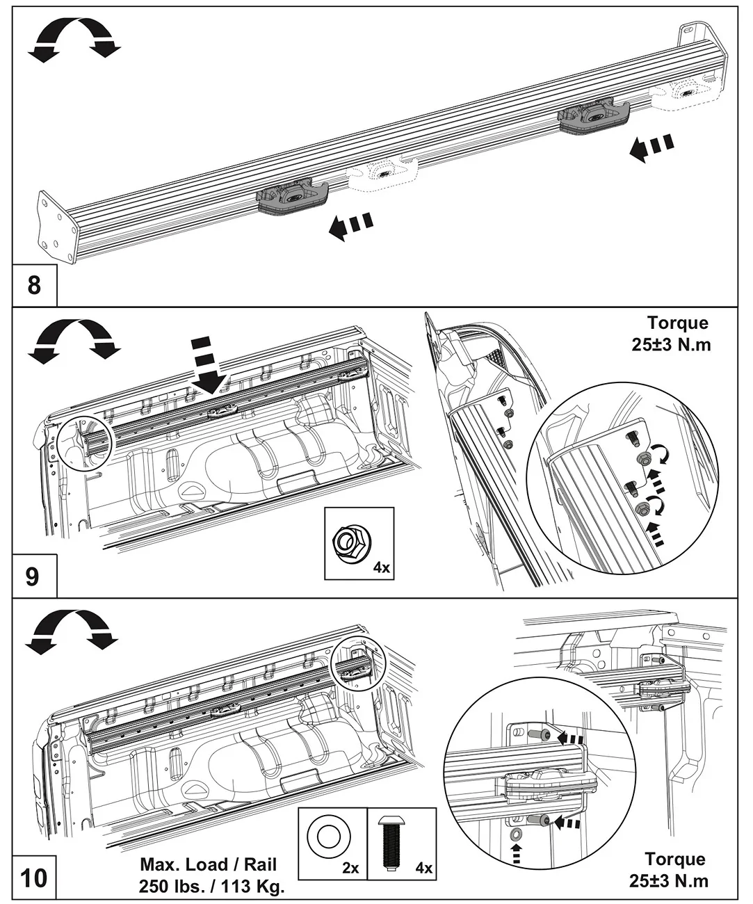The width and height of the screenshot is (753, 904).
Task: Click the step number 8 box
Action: (x=34, y=285)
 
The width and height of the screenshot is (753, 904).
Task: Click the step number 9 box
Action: (x=34, y=576)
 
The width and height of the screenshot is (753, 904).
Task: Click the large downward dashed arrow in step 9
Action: (x=207, y=365)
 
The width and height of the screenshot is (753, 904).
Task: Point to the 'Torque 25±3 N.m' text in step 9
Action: (x=671, y=334)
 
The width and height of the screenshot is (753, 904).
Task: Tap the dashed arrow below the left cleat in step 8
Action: (x=350, y=227)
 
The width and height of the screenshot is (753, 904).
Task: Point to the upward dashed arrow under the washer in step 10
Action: (x=515, y=854)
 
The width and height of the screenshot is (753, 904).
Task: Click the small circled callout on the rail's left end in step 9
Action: (x=84, y=444)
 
